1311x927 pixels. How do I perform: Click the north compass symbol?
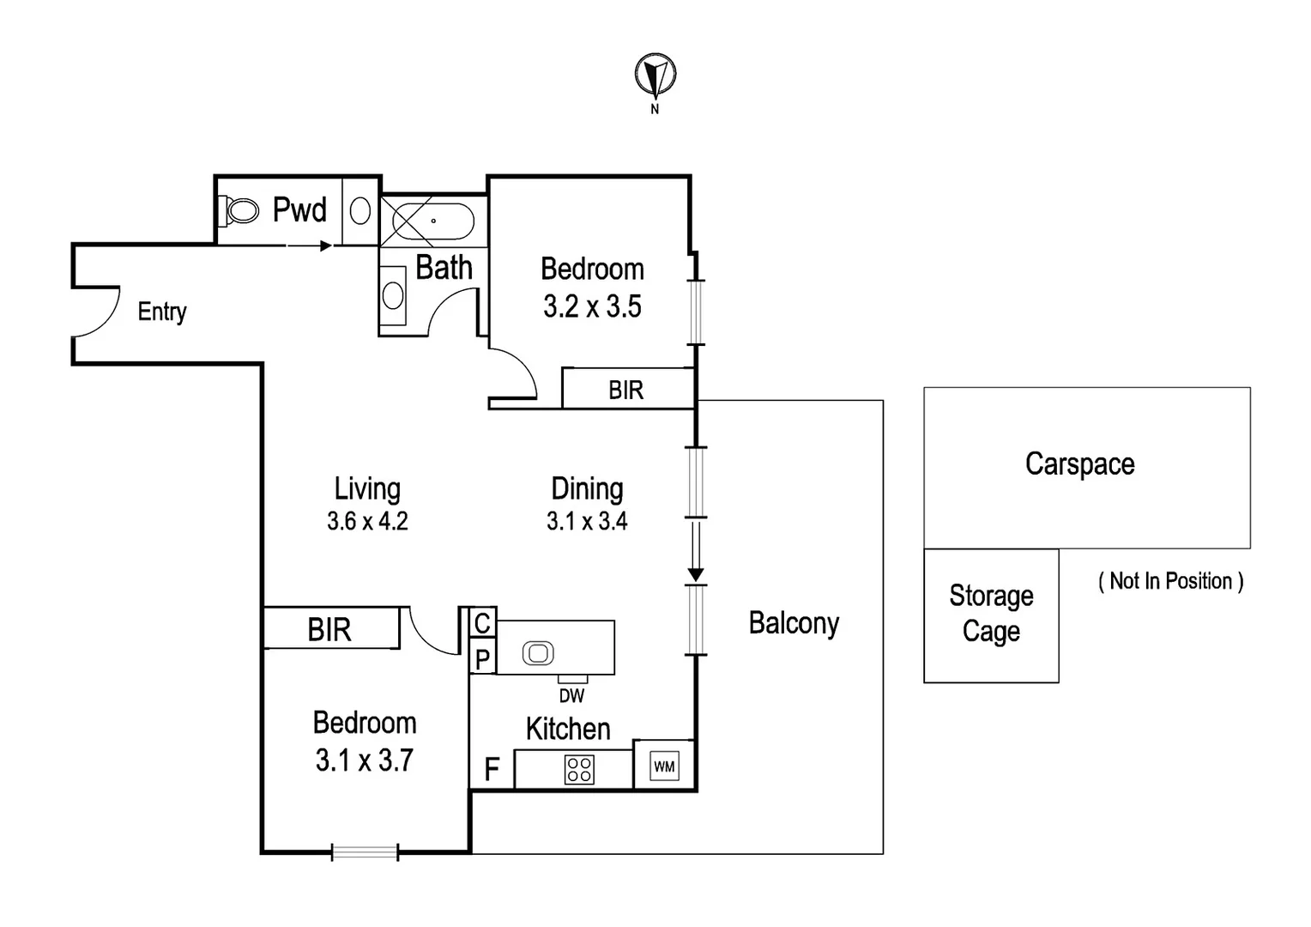[655, 76]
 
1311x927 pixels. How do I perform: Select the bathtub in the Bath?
[432, 221]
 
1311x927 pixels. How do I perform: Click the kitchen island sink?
[538, 653]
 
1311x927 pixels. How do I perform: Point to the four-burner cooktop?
[579, 769]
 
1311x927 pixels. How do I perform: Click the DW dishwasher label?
[571, 696]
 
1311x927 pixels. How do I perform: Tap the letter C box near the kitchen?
[483, 622]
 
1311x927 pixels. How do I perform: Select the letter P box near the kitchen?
[483, 659]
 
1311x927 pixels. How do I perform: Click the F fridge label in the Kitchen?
[492, 769]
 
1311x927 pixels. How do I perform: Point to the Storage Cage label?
[991, 614]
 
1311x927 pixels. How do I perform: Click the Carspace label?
[1079, 464]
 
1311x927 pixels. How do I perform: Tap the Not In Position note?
[1170, 581]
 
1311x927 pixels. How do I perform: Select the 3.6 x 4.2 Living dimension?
[367, 521]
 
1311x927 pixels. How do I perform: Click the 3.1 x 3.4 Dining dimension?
[587, 521]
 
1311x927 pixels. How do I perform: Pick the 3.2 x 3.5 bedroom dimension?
[592, 306]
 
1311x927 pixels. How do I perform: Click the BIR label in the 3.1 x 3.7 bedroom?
[329, 630]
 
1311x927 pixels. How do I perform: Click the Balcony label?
[794, 623]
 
